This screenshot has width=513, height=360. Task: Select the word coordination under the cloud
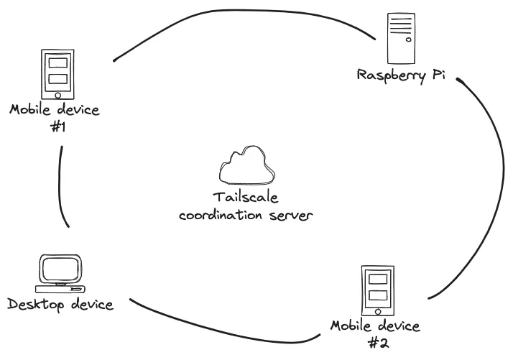point(221,215)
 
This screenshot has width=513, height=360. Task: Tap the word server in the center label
point(292,215)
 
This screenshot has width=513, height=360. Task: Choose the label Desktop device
point(60,305)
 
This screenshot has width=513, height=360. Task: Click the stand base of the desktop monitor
point(62,290)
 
